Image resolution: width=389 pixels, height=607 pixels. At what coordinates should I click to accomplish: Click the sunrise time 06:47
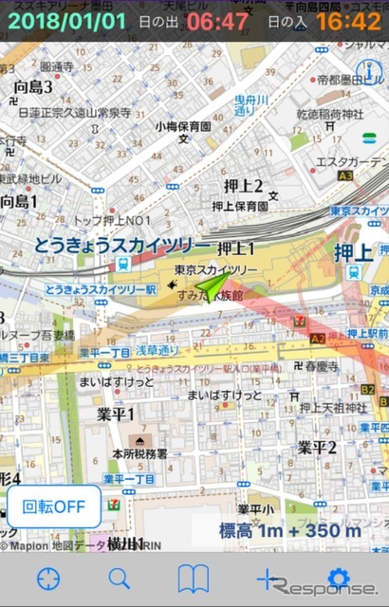tap(218, 20)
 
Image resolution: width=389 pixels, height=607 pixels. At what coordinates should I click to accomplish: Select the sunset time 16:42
tap(348, 20)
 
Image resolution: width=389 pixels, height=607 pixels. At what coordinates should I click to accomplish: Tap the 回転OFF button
tap(54, 506)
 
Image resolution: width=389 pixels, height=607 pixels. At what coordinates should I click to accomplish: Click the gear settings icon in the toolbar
tap(338, 578)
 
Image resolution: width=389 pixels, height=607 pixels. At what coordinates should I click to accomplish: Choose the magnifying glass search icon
tap(120, 578)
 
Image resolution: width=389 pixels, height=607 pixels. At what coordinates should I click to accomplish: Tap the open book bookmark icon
tap(194, 578)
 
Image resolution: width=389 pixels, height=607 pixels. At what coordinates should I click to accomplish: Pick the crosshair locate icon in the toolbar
tap(48, 578)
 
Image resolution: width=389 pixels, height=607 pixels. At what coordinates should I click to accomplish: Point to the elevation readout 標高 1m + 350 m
tap(290, 530)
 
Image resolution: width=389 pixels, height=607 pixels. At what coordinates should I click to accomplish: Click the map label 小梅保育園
tap(184, 125)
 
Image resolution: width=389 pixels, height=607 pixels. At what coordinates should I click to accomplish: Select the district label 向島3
tap(33, 87)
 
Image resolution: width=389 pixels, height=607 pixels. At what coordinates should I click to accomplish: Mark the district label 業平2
tap(317, 446)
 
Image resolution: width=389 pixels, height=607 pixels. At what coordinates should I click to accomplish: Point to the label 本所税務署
tap(140, 453)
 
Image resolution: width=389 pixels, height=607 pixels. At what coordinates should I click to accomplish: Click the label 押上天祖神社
tap(333, 408)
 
